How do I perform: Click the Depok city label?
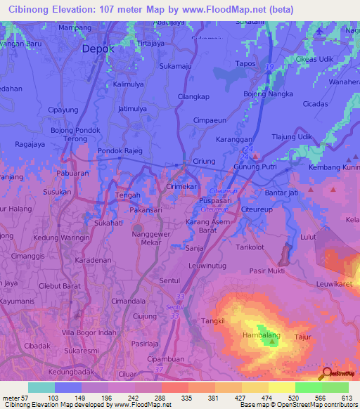tap(98, 49)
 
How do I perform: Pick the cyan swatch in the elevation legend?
tap(41, 387)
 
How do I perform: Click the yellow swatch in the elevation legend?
tap(282, 387)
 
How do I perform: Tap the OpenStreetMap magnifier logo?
tap(326, 374)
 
